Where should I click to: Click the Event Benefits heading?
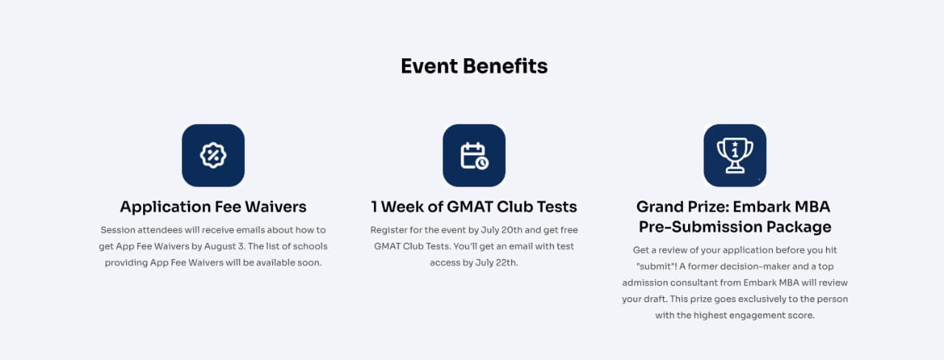[x=474, y=66]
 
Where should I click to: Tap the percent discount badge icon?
[x=213, y=156]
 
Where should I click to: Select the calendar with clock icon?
[x=474, y=156]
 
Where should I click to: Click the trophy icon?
[x=735, y=155]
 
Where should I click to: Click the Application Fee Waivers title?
[x=213, y=207]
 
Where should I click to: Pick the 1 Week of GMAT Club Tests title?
[x=474, y=207]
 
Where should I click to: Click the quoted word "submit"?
[x=656, y=266]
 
